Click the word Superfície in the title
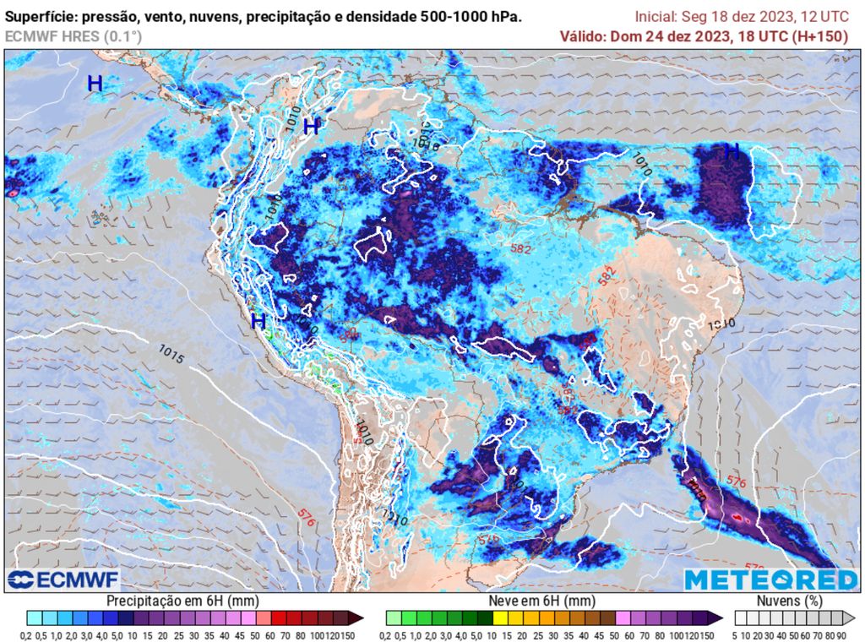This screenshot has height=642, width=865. [x=38, y=17]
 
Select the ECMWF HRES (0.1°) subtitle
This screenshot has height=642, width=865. [x=73, y=36]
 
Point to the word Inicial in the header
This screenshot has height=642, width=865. [x=654, y=17]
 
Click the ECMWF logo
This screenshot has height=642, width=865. [x=63, y=579]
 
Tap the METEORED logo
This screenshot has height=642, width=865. [x=770, y=579]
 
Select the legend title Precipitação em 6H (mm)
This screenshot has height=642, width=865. [x=182, y=600]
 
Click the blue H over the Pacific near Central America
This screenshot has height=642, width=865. [x=95, y=84]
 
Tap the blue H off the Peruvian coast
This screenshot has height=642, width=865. [x=258, y=321]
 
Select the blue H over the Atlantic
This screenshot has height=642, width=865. [x=732, y=151]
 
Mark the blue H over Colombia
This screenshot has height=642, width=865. [x=312, y=127]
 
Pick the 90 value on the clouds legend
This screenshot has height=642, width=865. [x=842, y=635]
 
